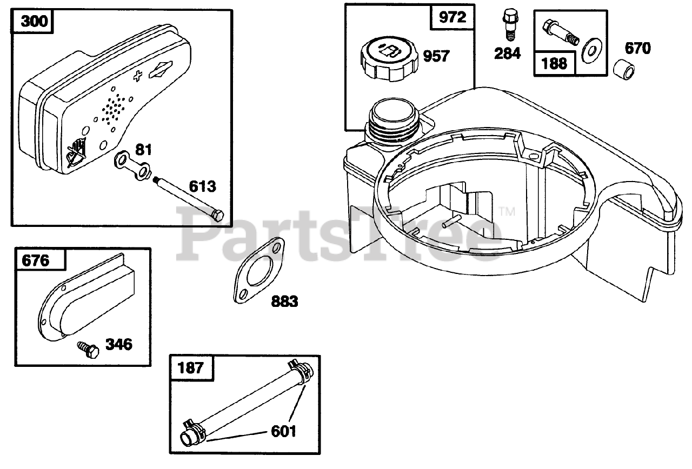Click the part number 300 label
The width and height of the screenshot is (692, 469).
[x=34, y=21]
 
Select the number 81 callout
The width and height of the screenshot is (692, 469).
[x=144, y=150]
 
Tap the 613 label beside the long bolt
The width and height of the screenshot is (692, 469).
[x=202, y=186]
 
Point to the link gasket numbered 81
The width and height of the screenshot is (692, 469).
[x=132, y=165]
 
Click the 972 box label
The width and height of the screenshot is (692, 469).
[x=453, y=17]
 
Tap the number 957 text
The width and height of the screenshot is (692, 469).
[x=436, y=56]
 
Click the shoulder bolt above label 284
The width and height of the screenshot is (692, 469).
[x=510, y=24]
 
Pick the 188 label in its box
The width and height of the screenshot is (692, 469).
[x=555, y=64]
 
